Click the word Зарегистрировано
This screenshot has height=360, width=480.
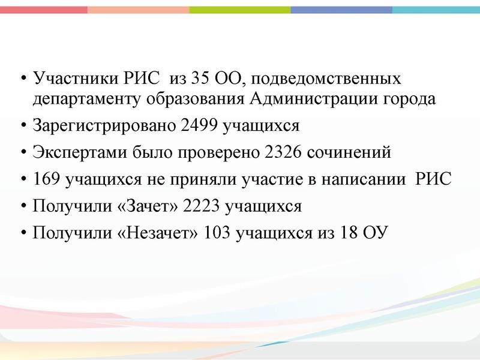[104, 126]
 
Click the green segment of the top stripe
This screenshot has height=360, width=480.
[240, 10]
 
